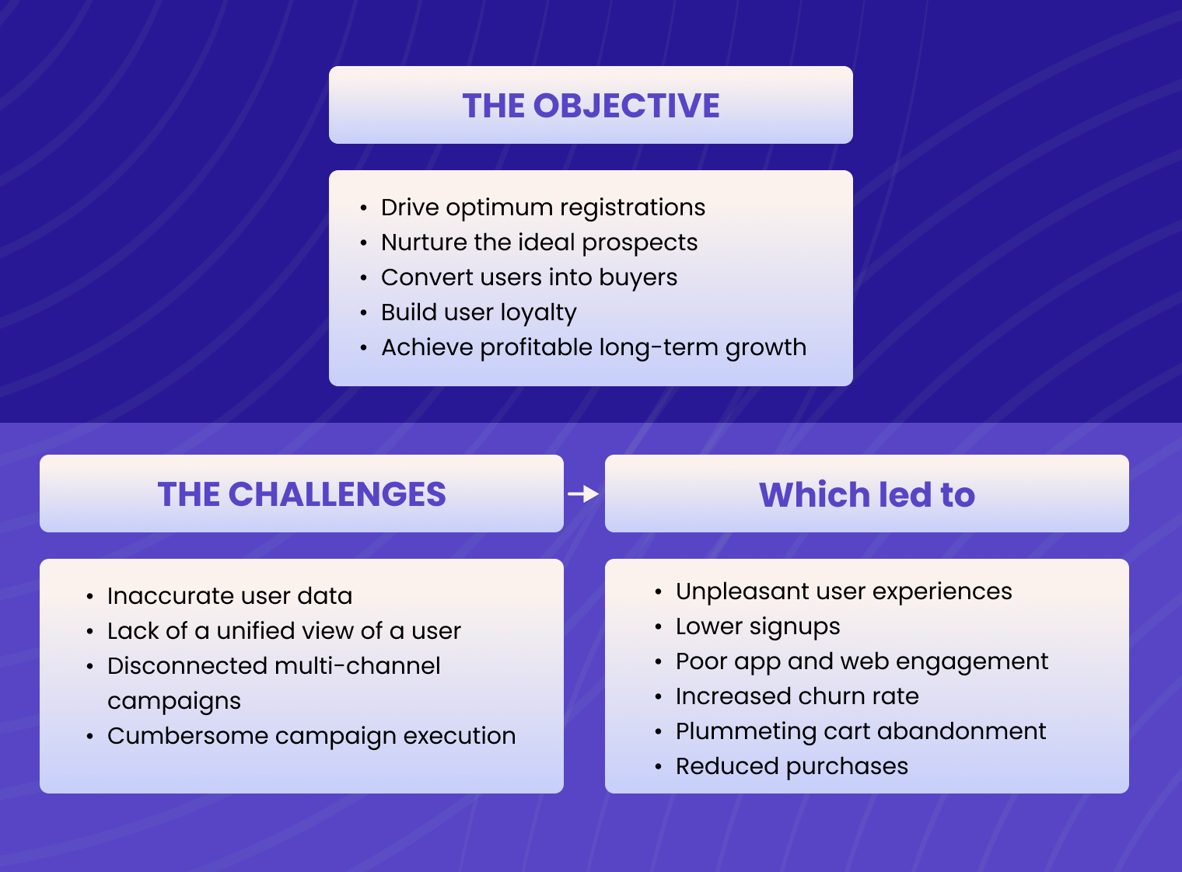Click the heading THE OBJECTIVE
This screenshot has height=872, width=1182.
tap(591, 106)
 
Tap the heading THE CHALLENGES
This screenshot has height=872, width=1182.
tap(302, 494)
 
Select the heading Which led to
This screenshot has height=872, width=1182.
tap(866, 494)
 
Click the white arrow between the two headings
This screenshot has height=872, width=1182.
tap(583, 494)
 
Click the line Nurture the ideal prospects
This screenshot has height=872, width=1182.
tap(539, 242)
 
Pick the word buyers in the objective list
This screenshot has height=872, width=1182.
tap(638, 278)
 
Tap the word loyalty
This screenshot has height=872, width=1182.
tap(538, 313)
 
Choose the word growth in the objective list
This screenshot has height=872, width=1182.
tap(765, 348)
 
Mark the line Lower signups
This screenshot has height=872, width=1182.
tap(757, 626)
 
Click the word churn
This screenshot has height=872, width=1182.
tap(830, 696)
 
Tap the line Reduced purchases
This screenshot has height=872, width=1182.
tap(792, 766)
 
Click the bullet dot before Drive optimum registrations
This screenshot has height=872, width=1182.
tap(363, 208)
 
